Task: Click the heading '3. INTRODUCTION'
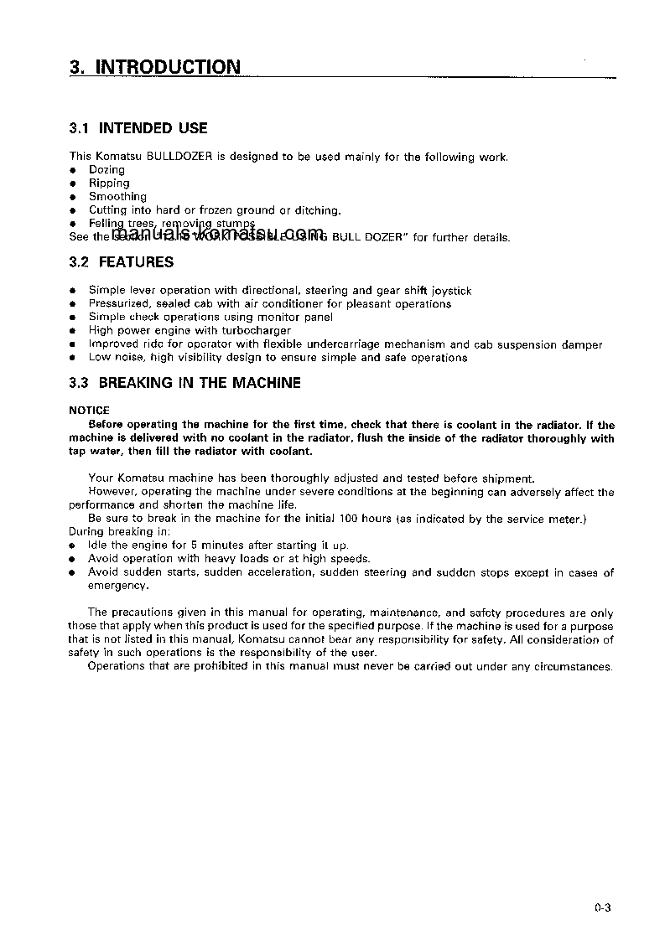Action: [x=155, y=67]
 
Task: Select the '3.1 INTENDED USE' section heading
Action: [x=138, y=128]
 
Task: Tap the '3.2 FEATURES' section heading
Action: [x=122, y=262]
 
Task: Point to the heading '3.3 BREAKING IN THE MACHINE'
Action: [x=184, y=383]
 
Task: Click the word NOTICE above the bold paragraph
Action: [x=89, y=411]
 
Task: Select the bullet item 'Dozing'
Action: [x=107, y=170]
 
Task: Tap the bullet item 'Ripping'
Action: [x=109, y=184]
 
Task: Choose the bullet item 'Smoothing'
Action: [x=117, y=197]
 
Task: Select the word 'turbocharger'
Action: [x=255, y=331]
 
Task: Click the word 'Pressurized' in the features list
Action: [x=119, y=304]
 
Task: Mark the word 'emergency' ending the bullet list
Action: [x=112, y=586]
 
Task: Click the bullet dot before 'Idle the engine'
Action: [x=72, y=545]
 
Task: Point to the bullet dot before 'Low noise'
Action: [x=72, y=358]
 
